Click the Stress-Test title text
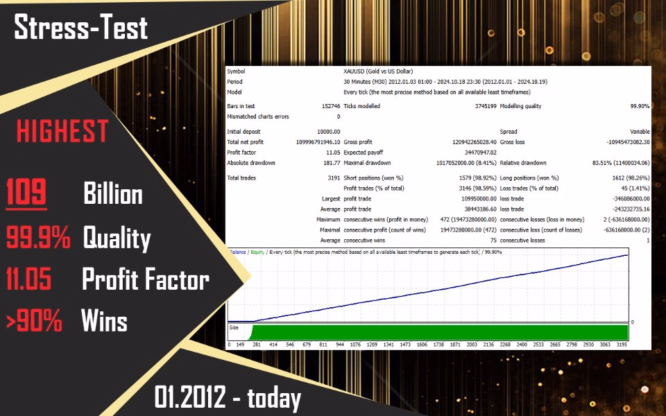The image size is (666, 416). click(x=80, y=27)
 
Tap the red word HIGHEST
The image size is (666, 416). click(x=62, y=131)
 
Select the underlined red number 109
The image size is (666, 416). click(x=26, y=192)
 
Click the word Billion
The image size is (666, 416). click(x=113, y=193)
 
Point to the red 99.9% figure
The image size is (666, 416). click(x=38, y=237)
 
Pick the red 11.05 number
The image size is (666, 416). click(x=29, y=279)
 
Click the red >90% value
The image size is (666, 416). click(x=34, y=320)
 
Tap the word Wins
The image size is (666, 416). click(x=104, y=320)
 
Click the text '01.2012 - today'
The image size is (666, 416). click(x=228, y=398)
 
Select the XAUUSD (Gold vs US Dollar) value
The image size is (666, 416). click(x=378, y=71)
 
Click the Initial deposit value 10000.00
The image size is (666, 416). click(x=328, y=132)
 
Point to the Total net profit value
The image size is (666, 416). click(x=318, y=142)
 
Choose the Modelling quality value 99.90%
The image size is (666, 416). click(x=640, y=106)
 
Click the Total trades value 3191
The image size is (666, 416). click(x=334, y=178)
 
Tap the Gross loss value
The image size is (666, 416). click(x=629, y=142)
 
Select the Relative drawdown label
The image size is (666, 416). click(x=523, y=163)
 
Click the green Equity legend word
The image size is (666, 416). click(x=257, y=252)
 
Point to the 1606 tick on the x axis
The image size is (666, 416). click(x=422, y=345)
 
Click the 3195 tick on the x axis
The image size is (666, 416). click(x=621, y=345)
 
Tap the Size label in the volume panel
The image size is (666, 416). click(x=234, y=328)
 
